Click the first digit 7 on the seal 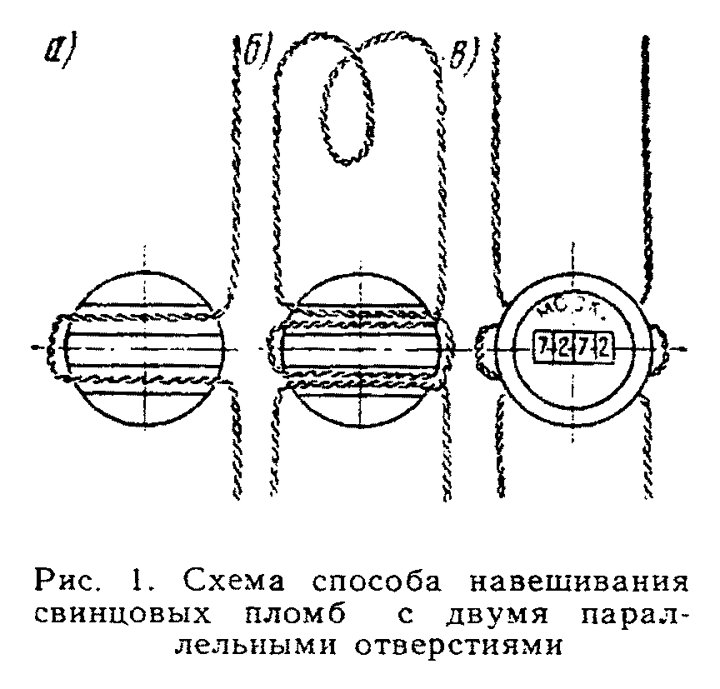point(544,347)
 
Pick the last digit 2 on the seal point(604,347)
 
